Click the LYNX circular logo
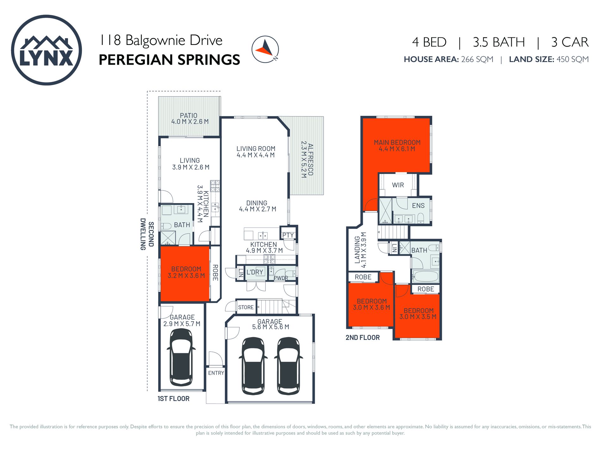[46, 50]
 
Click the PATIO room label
[189, 116]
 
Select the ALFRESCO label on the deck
[311, 160]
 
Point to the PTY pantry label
[288, 235]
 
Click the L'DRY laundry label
[255, 272]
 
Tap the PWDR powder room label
[281, 278]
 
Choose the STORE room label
[246, 307]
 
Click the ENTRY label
[216, 373]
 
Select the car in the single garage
[181, 357]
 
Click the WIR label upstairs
[398, 185]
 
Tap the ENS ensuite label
[418, 206]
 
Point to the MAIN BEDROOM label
[397, 142]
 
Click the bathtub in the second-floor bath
[426, 276]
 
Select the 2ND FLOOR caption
[362, 338]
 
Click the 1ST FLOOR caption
[174, 399]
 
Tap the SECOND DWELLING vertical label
[147, 234]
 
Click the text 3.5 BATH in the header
[499, 42]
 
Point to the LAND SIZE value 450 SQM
[573, 59]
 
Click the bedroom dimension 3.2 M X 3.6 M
[186, 276]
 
